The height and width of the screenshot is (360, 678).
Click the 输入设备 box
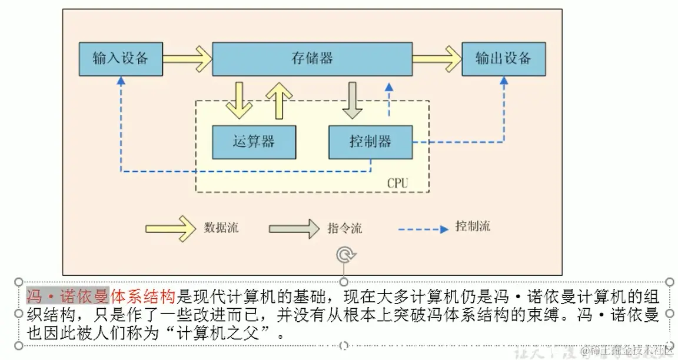(x=120, y=58)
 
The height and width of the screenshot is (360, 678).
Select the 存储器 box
(x=312, y=58)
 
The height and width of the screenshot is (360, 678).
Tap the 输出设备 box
(x=503, y=58)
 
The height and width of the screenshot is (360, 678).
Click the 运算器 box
(x=253, y=142)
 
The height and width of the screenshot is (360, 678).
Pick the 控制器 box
(x=370, y=142)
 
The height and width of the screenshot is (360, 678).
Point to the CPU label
(x=397, y=183)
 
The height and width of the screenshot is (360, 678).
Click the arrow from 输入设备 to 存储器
(x=187, y=58)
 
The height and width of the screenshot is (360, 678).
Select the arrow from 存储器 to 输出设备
(x=437, y=58)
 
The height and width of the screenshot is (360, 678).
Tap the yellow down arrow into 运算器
(x=238, y=100)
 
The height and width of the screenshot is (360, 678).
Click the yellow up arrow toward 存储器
(x=279, y=100)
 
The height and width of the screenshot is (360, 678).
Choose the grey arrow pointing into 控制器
(x=353, y=100)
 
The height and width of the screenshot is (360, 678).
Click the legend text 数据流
(x=221, y=228)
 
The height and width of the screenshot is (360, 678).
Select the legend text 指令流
(x=344, y=228)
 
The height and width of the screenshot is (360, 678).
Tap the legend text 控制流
(x=472, y=226)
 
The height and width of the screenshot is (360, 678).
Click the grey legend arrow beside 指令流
(x=293, y=228)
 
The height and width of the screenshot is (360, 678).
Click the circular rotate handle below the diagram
(x=344, y=255)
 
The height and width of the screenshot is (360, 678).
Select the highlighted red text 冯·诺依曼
(x=68, y=295)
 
